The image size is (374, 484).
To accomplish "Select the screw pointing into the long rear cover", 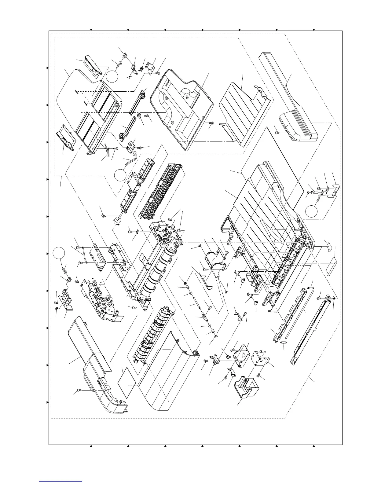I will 79,390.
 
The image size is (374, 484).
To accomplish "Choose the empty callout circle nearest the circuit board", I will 58,254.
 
